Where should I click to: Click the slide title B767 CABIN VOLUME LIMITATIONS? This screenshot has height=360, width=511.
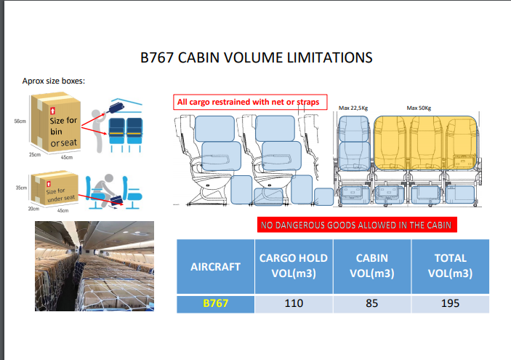256,57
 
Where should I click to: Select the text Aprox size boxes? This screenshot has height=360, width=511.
54,81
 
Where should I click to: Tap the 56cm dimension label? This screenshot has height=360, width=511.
20,121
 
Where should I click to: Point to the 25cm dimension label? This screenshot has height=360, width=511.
35,155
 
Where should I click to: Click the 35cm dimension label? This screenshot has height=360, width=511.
21,188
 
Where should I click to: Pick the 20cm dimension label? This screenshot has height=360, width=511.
33,209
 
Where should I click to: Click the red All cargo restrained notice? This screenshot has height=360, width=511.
250,102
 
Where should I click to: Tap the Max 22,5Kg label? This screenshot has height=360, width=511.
353,108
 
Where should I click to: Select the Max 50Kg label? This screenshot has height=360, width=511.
419,108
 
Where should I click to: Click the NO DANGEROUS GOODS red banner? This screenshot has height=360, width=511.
357,225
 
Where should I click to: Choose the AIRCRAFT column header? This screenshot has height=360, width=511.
215,267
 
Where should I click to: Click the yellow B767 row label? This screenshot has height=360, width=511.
215,303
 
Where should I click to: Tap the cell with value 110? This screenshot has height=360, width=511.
294,303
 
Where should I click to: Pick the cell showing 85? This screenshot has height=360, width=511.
372,303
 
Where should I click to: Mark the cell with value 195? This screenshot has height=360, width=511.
451,303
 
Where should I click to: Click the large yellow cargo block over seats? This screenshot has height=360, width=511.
425,143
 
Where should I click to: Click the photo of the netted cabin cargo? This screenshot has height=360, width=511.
94,266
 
